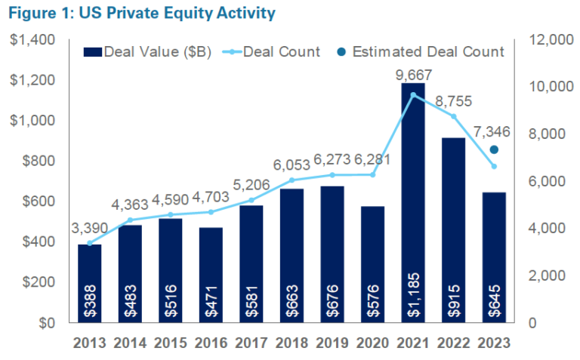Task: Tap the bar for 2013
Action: (89, 283)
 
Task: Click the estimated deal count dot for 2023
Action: (494, 149)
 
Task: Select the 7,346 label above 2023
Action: (492, 131)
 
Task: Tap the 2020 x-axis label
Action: (372, 342)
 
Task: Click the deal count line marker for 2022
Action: (453, 116)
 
